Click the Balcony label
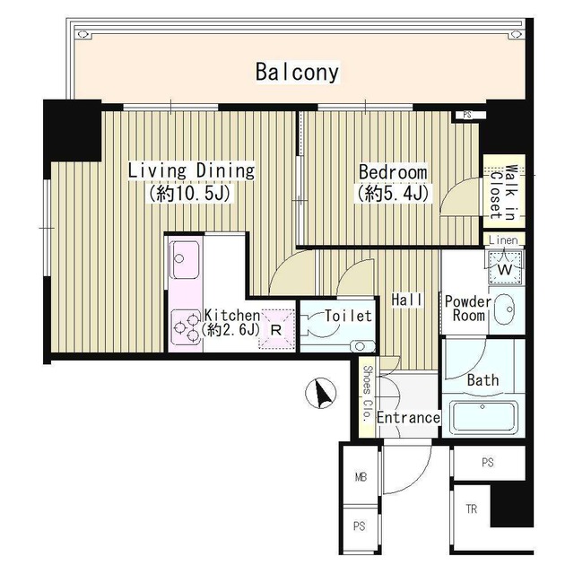coord(297,72)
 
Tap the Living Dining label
coord(191,171)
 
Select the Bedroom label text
coord(393,172)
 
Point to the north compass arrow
coord(322,395)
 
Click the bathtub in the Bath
coord(483,417)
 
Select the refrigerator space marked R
coord(276,329)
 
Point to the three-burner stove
coord(187,326)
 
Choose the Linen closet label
coord(503,240)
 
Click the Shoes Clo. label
coord(367,394)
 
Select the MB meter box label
coord(361,477)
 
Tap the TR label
coord(472,509)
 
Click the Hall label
coord(406,300)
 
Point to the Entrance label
coord(408,418)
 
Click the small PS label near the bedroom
coord(467,115)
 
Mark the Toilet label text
coord(348,316)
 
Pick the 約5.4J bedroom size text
coord(393,193)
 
